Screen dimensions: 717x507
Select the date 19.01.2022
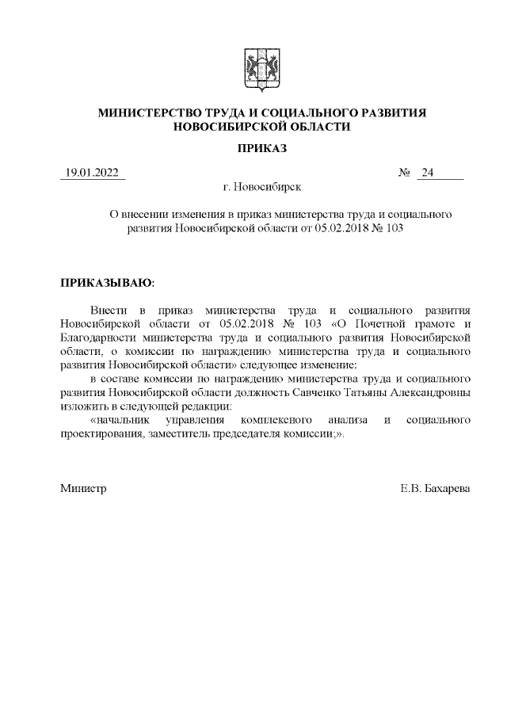coord(92,174)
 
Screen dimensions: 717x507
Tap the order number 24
coord(429,174)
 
